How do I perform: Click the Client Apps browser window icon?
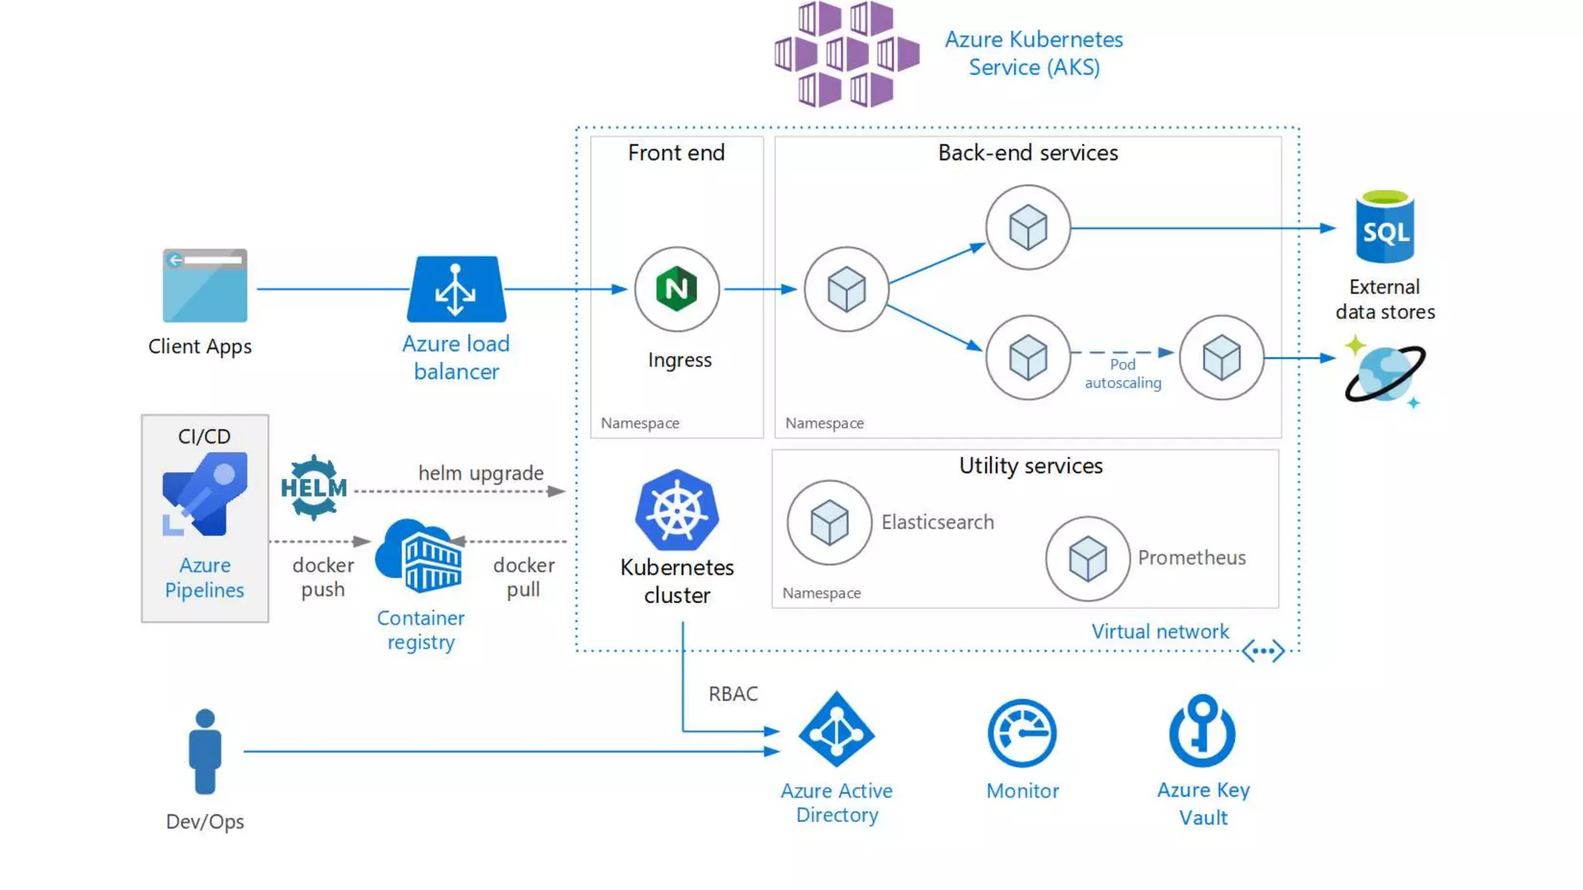[x=205, y=285]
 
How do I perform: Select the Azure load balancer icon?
[x=456, y=289]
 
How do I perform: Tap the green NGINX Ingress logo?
[x=676, y=289]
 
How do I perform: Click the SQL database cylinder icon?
[x=1384, y=228]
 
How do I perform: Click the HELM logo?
[x=313, y=487]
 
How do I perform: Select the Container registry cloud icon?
[x=420, y=556]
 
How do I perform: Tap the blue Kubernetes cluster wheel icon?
[x=677, y=511]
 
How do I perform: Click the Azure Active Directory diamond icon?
[x=836, y=730]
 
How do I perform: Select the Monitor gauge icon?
[x=1022, y=732]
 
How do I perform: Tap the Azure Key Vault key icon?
[x=1202, y=731]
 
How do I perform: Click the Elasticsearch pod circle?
[x=829, y=523]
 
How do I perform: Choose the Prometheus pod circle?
[x=1088, y=559]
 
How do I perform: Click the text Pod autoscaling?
[x=1122, y=373]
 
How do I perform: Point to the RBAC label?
[x=733, y=694]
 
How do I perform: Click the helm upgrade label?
[x=481, y=473]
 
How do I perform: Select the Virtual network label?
[x=1159, y=631]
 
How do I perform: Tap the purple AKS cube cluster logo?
[x=846, y=54]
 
